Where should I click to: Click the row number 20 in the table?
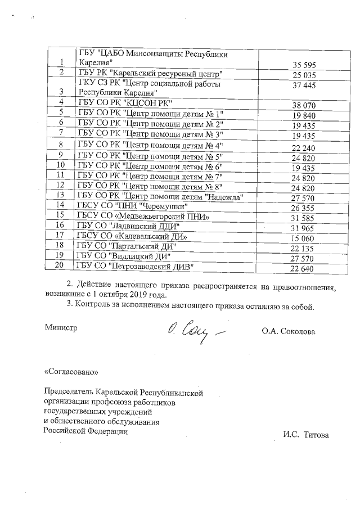click(x=62, y=265)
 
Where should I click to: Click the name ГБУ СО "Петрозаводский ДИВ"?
click(x=135, y=265)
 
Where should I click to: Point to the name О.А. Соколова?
click(x=288, y=331)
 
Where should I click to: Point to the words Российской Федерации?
click(x=85, y=431)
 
